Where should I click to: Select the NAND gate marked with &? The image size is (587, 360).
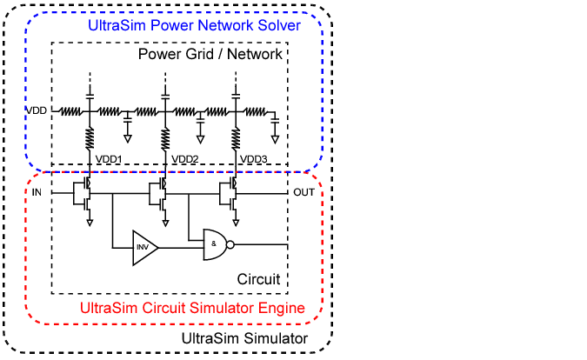point(214,244)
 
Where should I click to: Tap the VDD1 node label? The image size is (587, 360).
point(109,159)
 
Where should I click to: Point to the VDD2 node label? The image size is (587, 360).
point(185,159)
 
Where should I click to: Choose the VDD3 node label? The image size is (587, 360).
point(253,159)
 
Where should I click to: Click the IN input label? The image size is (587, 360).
point(37,191)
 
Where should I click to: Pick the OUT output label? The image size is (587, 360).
point(304,191)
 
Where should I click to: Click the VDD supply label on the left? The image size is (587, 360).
point(37,111)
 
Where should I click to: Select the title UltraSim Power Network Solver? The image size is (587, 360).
point(194,26)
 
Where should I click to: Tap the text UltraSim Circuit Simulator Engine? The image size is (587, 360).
point(192,308)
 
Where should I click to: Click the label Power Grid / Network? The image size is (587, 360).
point(210,54)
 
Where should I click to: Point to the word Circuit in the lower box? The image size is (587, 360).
point(258,279)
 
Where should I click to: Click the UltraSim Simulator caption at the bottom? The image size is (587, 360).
point(244,337)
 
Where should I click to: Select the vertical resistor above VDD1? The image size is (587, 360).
point(90,137)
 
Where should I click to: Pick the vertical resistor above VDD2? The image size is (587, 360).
point(164,137)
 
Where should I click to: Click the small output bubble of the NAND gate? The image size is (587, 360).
point(231,245)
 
